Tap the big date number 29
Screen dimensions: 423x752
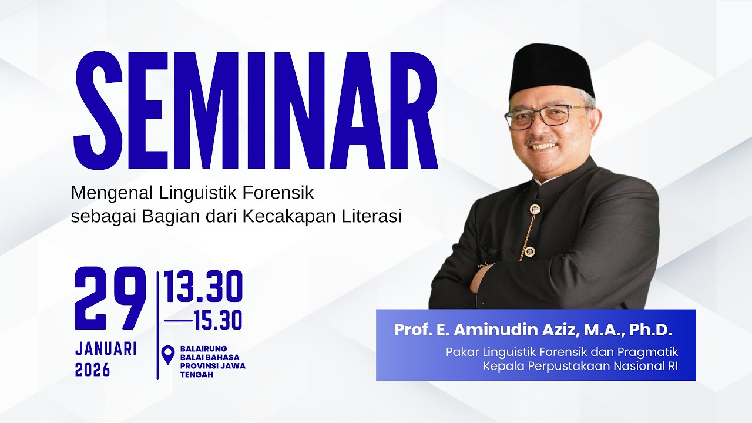(x=110, y=299)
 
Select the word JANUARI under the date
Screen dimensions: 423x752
(x=106, y=348)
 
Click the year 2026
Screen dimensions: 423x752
(x=93, y=370)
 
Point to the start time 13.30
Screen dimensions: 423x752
(x=203, y=288)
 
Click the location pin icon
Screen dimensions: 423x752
(x=169, y=355)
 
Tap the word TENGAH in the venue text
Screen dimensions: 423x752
(x=197, y=374)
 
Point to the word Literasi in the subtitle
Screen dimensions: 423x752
(x=372, y=216)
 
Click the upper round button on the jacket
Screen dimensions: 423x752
(x=535, y=209)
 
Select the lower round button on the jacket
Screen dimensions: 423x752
(x=529, y=251)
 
